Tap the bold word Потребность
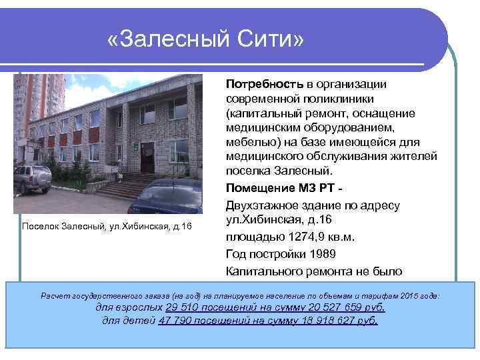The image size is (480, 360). [x=265, y=84]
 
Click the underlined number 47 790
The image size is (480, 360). [x=179, y=320]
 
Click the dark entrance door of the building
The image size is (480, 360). [x=146, y=158]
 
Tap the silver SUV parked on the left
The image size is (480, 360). [x=31, y=178]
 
